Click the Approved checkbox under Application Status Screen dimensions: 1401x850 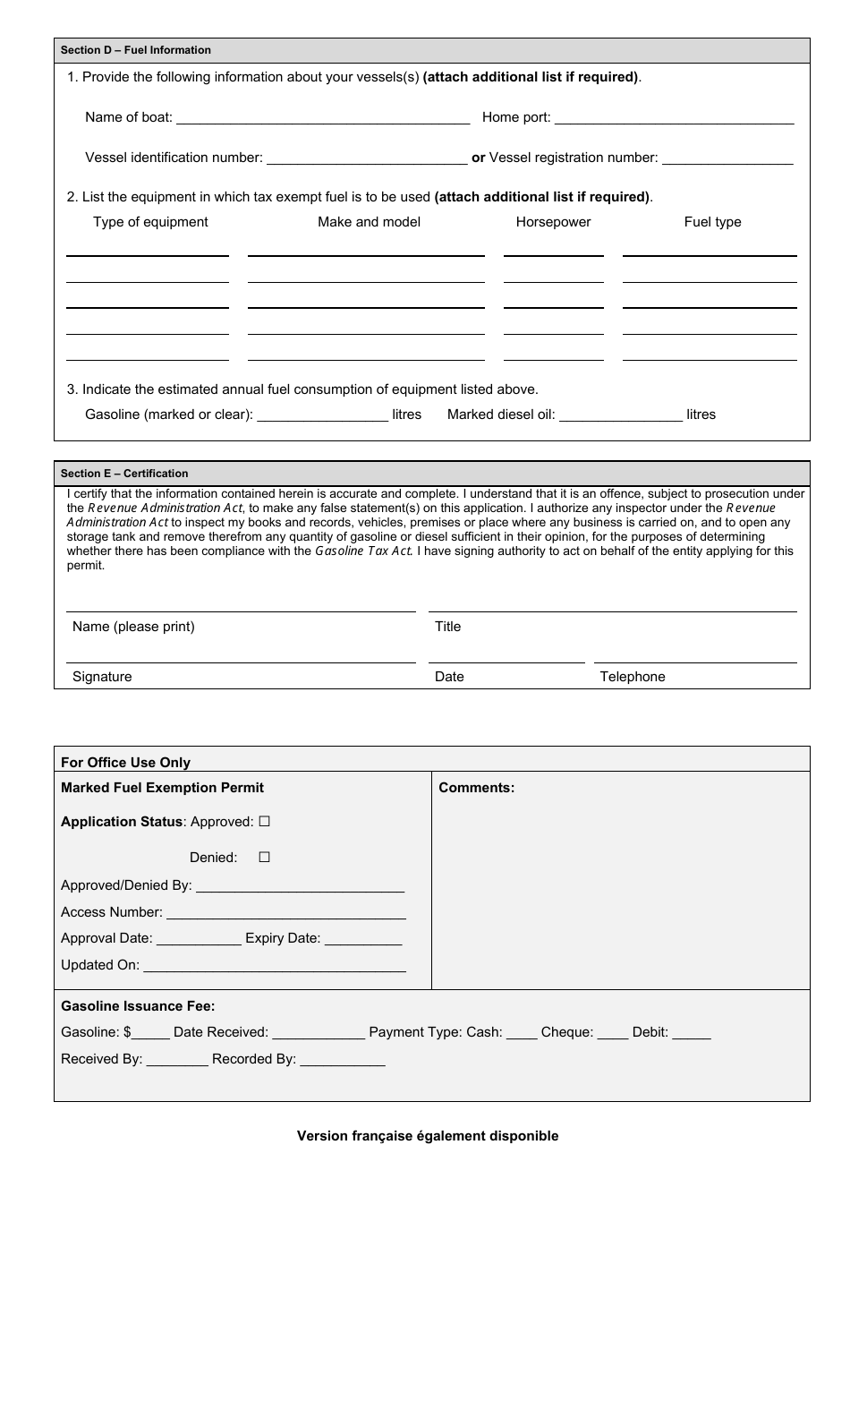264,822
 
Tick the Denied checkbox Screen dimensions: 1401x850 264,858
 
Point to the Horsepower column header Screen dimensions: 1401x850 553,222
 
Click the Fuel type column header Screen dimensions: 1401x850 712,222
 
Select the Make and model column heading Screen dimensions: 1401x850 369,222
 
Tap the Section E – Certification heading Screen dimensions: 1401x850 124,474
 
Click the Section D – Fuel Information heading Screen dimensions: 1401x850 136,50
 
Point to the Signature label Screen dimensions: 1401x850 102,677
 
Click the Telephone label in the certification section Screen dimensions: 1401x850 632,677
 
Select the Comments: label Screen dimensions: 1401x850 476,788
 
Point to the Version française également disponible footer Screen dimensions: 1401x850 428,1136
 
